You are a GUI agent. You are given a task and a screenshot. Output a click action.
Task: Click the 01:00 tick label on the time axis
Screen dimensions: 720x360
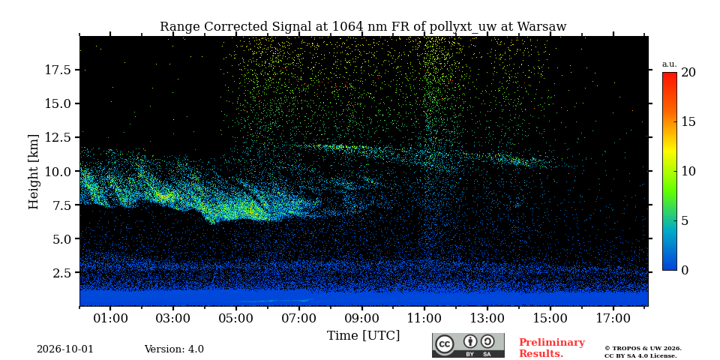click(111, 319)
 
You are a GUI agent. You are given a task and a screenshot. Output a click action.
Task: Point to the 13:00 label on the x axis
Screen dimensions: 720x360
click(487, 319)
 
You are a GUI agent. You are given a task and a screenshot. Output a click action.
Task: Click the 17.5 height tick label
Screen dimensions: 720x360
click(58, 70)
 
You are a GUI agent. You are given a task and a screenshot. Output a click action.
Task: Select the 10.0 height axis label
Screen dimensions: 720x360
click(58, 171)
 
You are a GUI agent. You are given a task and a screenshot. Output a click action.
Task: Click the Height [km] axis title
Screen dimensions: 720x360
click(34, 172)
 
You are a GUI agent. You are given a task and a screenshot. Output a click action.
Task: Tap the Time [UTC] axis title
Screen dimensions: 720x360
click(363, 336)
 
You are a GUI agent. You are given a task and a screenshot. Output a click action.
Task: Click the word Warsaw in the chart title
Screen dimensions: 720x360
click(541, 27)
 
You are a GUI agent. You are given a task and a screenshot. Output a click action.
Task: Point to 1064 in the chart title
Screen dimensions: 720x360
click(346, 27)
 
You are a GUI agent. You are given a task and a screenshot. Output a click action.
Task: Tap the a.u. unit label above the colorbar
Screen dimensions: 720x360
click(670, 64)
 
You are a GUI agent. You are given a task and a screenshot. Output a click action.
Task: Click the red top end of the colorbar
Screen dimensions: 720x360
click(670, 74)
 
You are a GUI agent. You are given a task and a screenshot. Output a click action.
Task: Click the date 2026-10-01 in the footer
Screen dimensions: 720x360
click(65, 349)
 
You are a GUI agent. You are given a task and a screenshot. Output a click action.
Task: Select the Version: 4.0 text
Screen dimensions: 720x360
click(174, 349)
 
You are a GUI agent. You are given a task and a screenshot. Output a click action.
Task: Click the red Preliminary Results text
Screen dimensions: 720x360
click(552, 348)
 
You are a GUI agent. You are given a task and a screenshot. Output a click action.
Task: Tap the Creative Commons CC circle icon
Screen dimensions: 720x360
click(444, 344)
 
